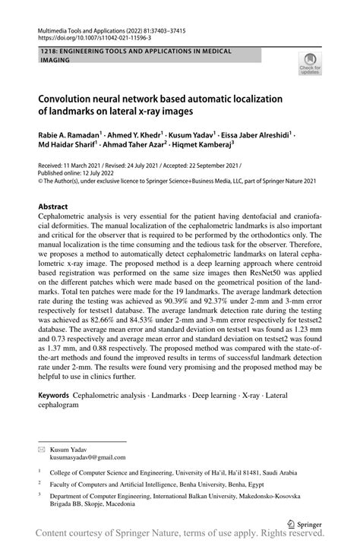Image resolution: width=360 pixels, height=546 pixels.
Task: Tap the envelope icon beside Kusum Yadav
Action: pyautogui.click(x=42, y=450)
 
